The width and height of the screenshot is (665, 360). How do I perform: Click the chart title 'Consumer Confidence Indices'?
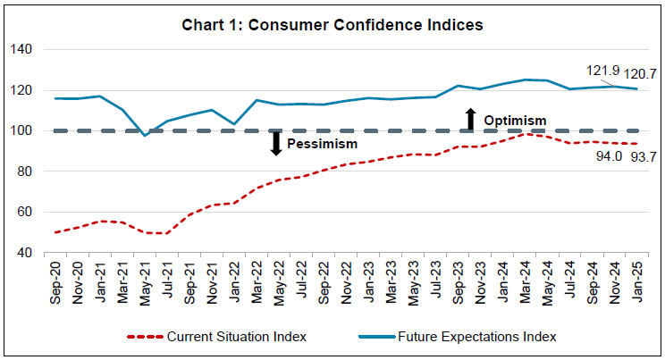click(332, 25)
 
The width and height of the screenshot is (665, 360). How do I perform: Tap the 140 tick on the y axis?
click(21, 49)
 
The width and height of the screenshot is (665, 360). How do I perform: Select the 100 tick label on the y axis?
click(21, 130)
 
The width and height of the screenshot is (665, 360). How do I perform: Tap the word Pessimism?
click(323, 143)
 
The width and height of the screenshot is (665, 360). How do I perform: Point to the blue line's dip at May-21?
click(145, 135)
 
